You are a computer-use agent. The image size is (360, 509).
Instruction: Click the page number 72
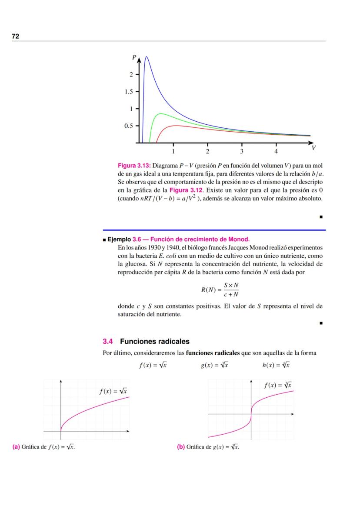(15, 36)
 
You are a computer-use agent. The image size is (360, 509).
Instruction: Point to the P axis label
(134, 57)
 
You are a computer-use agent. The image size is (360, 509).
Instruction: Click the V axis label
(313, 148)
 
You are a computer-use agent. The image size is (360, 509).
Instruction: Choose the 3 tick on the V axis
(242, 151)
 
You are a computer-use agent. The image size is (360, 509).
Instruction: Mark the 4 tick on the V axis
(276, 151)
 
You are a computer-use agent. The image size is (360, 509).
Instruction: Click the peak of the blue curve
(147, 57)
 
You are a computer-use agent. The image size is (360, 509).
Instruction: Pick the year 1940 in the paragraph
(160, 246)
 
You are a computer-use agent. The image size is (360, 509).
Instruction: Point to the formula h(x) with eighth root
(276, 365)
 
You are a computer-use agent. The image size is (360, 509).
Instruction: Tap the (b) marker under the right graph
(181, 446)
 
